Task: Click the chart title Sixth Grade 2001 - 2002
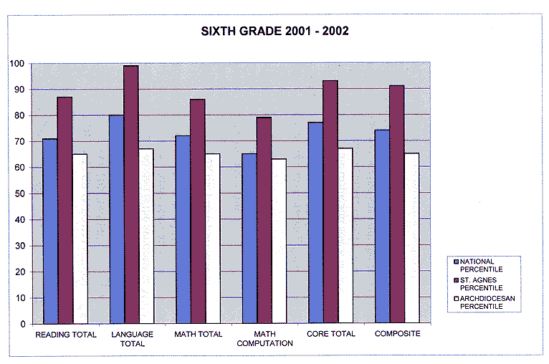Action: click(274, 32)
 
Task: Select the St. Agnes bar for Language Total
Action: click(131, 194)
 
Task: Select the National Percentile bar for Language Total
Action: click(117, 219)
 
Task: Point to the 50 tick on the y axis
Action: click(21, 193)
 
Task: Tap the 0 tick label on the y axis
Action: click(24, 324)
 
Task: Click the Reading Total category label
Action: click(65, 334)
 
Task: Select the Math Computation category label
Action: click(264, 338)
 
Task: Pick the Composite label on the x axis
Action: click(396, 334)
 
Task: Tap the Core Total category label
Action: click(330, 334)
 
